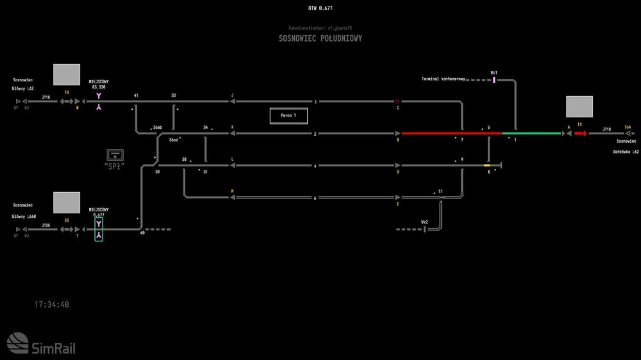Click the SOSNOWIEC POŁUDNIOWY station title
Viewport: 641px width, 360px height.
(x=320, y=38)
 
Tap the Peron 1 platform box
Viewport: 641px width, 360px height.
(x=288, y=116)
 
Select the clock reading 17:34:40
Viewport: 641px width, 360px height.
(x=52, y=305)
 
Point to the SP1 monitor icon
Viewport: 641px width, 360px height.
(x=115, y=154)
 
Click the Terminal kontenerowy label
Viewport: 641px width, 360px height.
(x=443, y=79)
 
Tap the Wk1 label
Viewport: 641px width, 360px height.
(x=494, y=73)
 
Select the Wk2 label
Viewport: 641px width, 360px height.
(x=424, y=222)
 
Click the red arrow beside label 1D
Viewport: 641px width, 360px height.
(x=581, y=133)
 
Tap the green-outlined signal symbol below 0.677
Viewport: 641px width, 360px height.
(x=99, y=230)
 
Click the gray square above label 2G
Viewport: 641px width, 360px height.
(x=67, y=202)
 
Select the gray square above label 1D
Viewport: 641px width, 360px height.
(x=579, y=107)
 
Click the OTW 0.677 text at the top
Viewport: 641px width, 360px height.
(x=320, y=8)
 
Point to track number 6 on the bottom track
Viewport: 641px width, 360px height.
(x=315, y=198)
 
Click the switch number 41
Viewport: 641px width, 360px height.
(x=136, y=95)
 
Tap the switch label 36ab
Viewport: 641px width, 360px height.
(x=157, y=128)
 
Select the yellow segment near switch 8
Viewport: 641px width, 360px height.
(x=487, y=165)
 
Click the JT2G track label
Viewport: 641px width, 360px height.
(x=46, y=225)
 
